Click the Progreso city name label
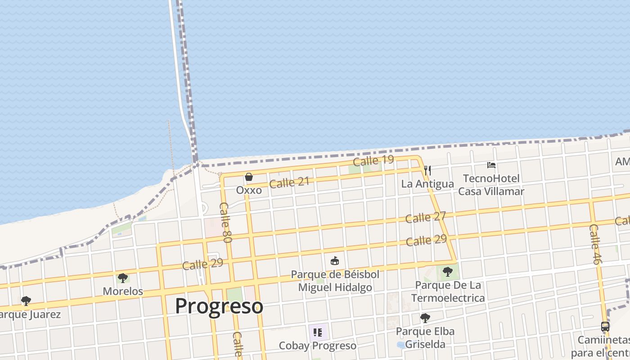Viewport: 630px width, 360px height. [219, 306]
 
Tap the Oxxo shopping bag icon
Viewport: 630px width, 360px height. [249, 177]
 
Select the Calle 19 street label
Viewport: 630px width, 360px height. [373, 160]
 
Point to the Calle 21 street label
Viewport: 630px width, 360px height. [289, 183]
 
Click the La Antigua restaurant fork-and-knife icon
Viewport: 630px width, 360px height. [427, 171]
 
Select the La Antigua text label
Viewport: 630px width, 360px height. [427, 184]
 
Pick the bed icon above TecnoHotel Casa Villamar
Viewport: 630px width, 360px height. [491, 165]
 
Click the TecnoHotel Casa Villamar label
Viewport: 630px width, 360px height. [491, 185]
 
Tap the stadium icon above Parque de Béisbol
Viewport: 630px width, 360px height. [335, 261]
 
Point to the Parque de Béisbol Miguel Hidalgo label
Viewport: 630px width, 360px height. [335, 281]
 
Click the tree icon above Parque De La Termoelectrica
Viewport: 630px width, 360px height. [447, 271]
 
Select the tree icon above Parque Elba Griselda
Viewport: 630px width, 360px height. [425, 318]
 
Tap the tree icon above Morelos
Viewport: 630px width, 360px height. [122, 278]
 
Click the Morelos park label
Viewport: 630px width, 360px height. [123, 291]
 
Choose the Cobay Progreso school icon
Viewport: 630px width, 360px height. [318, 333]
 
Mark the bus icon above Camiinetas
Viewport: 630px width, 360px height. [605, 327]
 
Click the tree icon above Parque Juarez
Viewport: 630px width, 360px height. [26, 301]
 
